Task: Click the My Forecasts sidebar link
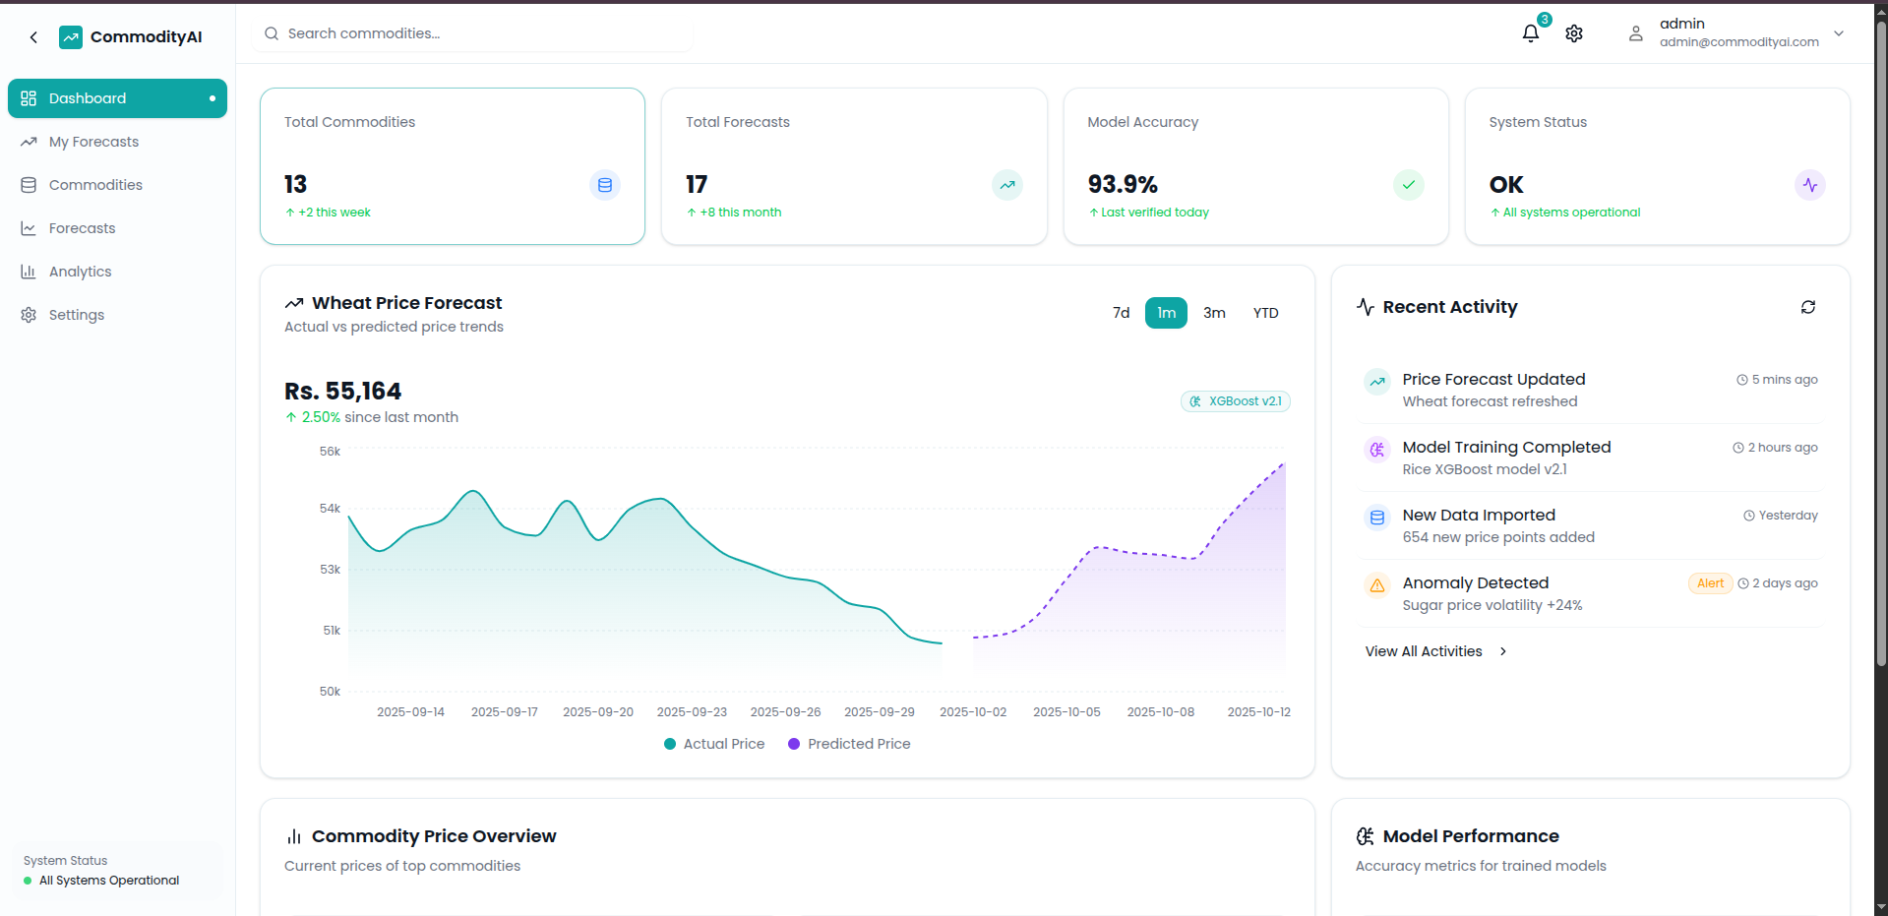(93, 142)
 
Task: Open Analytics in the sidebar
(80, 272)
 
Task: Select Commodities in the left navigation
(95, 185)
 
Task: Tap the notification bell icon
(1530, 33)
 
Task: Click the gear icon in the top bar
(1574, 33)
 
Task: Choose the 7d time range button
(1121, 313)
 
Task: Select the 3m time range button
(1214, 313)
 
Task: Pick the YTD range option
(1265, 313)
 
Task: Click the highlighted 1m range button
(1166, 313)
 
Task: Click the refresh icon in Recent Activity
(1807, 307)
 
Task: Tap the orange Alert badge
(1710, 583)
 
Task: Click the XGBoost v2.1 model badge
(1236, 401)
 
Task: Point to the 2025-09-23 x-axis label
(692, 712)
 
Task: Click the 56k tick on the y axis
(330, 452)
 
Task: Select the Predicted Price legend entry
(849, 744)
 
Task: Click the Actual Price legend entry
(714, 744)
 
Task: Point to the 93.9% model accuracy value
(1123, 184)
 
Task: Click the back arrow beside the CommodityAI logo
(33, 37)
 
